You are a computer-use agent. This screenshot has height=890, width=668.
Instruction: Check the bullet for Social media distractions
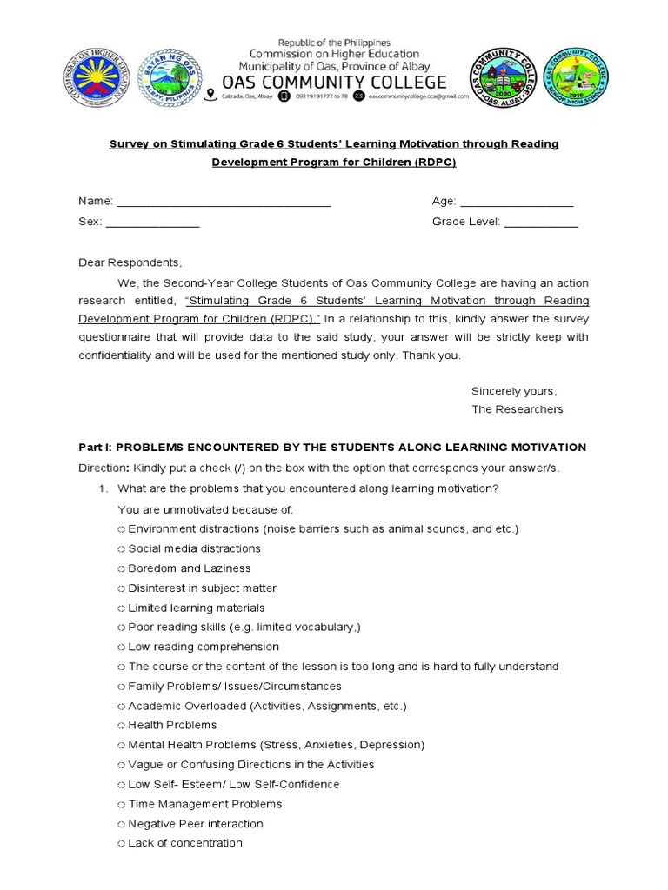(120, 549)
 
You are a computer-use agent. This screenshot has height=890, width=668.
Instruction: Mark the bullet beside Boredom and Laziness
(120, 568)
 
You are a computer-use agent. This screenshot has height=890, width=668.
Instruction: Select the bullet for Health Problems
(120, 726)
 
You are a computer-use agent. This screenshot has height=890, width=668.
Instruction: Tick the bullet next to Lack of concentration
(120, 843)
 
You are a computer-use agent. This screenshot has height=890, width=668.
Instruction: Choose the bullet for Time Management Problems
(120, 804)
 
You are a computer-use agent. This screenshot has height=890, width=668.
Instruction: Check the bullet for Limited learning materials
(120, 608)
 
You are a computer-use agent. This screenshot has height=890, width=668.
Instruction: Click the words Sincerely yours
(513, 389)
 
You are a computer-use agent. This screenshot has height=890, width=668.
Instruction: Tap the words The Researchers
(517, 409)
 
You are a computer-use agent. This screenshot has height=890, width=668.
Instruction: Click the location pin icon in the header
(209, 99)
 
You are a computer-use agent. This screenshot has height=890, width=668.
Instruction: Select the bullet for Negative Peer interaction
(120, 824)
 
